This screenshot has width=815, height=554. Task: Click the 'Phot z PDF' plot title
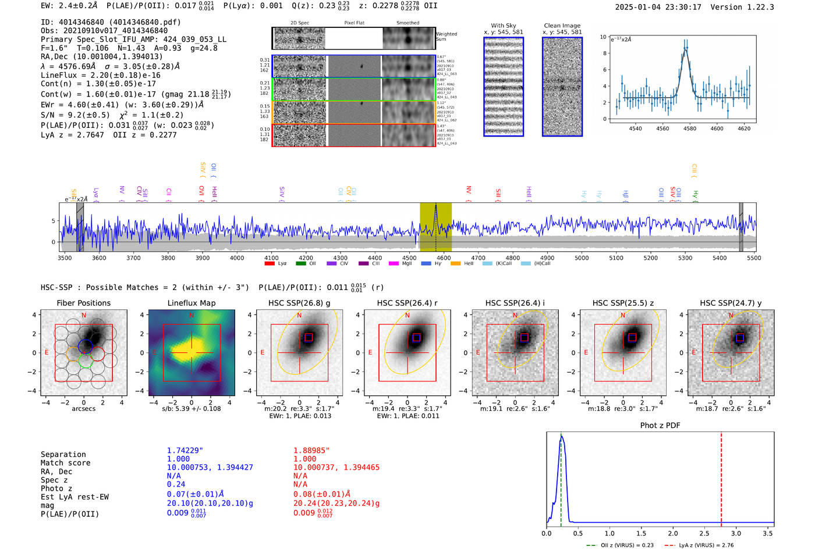point(660,426)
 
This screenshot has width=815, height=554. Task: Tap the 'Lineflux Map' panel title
point(192,303)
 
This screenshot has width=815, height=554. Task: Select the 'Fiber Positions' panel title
point(83,303)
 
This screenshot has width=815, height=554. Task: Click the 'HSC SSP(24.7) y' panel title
point(731,303)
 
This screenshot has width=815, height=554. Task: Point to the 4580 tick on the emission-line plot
point(690,128)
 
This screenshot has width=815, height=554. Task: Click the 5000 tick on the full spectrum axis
point(582,258)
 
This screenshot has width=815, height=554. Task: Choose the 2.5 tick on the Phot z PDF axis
point(704,533)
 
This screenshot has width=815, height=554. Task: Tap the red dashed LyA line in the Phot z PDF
point(721,477)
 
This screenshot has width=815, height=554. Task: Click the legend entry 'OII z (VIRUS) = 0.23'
point(620,545)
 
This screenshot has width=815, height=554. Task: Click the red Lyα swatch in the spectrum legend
point(270,263)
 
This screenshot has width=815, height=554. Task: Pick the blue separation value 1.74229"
point(185,451)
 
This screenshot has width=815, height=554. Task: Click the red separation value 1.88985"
point(311,451)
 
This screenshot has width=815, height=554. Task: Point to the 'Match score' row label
point(66,463)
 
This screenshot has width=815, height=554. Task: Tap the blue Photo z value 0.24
point(176,484)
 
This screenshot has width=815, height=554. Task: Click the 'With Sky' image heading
point(504,26)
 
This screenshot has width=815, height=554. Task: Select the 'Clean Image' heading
point(562,26)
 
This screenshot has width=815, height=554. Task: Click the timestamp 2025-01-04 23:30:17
point(658,8)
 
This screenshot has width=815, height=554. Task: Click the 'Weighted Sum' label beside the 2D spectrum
point(447,37)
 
